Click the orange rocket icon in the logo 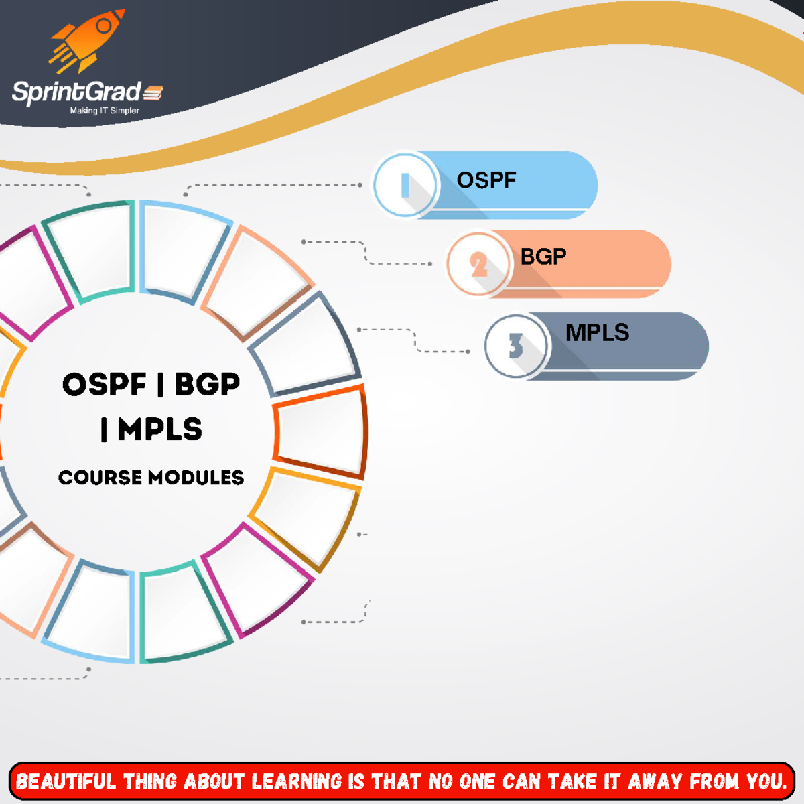pyautogui.click(x=87, y=41)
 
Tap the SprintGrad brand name pyautogui.click(x=77, y=92)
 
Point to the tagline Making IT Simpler pyautogui.click(x=105, y=111)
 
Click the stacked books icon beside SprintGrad pyautogui.click(x=153, y=92)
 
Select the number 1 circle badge pyautogui.click(x=405, y=184)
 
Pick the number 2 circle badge pyautogui.click(x=478, y=264)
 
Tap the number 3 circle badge pyautogui.click(x=516, y=346)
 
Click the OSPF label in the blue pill pyautogui.click(x=486, y=180)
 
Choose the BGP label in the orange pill pyautogui.click(x=543, y=256)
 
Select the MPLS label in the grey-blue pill pyautogui.click(x=597, y=332)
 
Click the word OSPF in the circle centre pyautogui.click(x=105, y=384)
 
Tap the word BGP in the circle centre pyautogui.click(x=207, y=384)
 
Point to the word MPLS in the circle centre pyautogui.click(x=160, y=429)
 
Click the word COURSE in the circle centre pyautogui.click(x=100, y=478)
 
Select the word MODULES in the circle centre pyautogui.click(x=196, y=478)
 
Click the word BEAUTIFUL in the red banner pyautogui.click(x=66, y=781)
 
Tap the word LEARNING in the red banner pyautogui.click(x=296, y=781)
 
